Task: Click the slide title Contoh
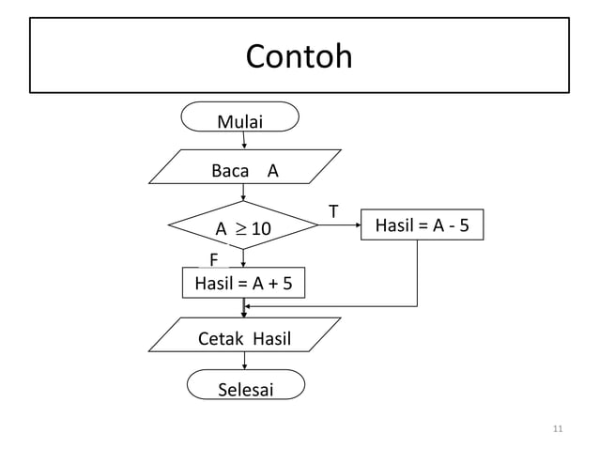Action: pyautogui.click(x=299, y=57)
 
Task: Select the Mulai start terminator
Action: pyautogui.click(x=242, y=120)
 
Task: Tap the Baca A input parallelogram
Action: pyautogui.click(x=245, y=171)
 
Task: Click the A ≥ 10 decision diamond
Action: pyautogui.click(x=243, y=227)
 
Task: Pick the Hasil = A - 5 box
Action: pyautogui.click(x=422, y=225)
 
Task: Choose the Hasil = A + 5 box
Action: pyautogui.click(x=243, y=283)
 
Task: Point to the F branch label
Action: pyautogui.click(x=214, y=259)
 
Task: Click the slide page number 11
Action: pyautogui.click(x=558, y=429)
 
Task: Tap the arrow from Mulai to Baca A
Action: pyautogui.click(x=244, y=139)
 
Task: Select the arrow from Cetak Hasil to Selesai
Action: pyautogui.click(x=245, y=362)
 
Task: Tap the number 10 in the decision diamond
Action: pyautogui.click(x=260, y=228)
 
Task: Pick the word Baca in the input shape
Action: pyautogui.click(x=230, y=171)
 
